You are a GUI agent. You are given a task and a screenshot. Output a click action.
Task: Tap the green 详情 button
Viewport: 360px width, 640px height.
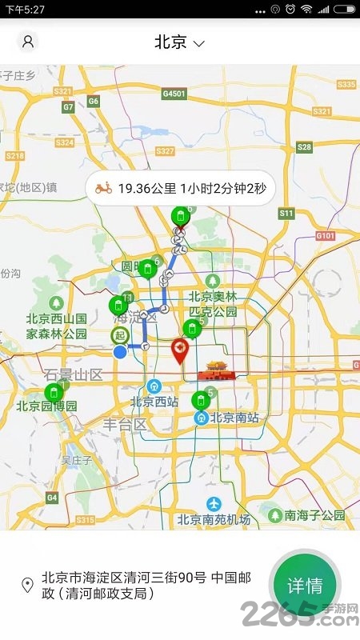click(x=305, y=586)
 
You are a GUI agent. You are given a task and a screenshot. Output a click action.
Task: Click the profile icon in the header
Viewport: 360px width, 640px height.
click(x=28, y=42)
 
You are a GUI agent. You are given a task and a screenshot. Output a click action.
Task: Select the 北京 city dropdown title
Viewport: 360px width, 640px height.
click(x=180, y=42)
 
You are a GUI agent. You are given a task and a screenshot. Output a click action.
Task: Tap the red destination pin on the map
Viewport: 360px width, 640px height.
click(x=180, y=350)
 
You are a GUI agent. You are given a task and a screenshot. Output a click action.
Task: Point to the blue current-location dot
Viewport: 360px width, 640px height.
click(x=120, y=352)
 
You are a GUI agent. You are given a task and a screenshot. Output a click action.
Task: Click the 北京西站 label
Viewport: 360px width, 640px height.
click(x=154, y=402)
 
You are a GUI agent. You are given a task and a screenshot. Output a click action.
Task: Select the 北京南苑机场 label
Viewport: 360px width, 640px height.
click(x=214, y=519)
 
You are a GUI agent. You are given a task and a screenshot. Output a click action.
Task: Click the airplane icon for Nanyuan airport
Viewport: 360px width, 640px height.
click(x=214, y=503)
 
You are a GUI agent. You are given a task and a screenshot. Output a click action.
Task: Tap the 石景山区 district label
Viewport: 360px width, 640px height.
click(x=74, y=374)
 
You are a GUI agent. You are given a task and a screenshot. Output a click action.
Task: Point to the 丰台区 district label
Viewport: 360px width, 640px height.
click(x=125, y=424)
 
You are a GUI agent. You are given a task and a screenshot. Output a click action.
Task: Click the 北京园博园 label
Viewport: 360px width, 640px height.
click(x=46, y=406)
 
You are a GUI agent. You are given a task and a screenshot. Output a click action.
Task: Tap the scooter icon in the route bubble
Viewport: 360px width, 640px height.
click(x=103, y=189)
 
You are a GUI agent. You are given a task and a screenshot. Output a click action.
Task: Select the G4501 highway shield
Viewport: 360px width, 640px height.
click(x=174, y=94)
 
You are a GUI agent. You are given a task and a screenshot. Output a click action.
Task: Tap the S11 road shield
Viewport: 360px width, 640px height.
click(x=286, y=213)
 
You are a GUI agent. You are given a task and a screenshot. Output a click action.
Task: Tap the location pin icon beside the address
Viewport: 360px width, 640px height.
click(x=27, y=585)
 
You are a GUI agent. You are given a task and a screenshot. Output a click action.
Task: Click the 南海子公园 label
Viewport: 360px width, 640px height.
click(x=314, y=515)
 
